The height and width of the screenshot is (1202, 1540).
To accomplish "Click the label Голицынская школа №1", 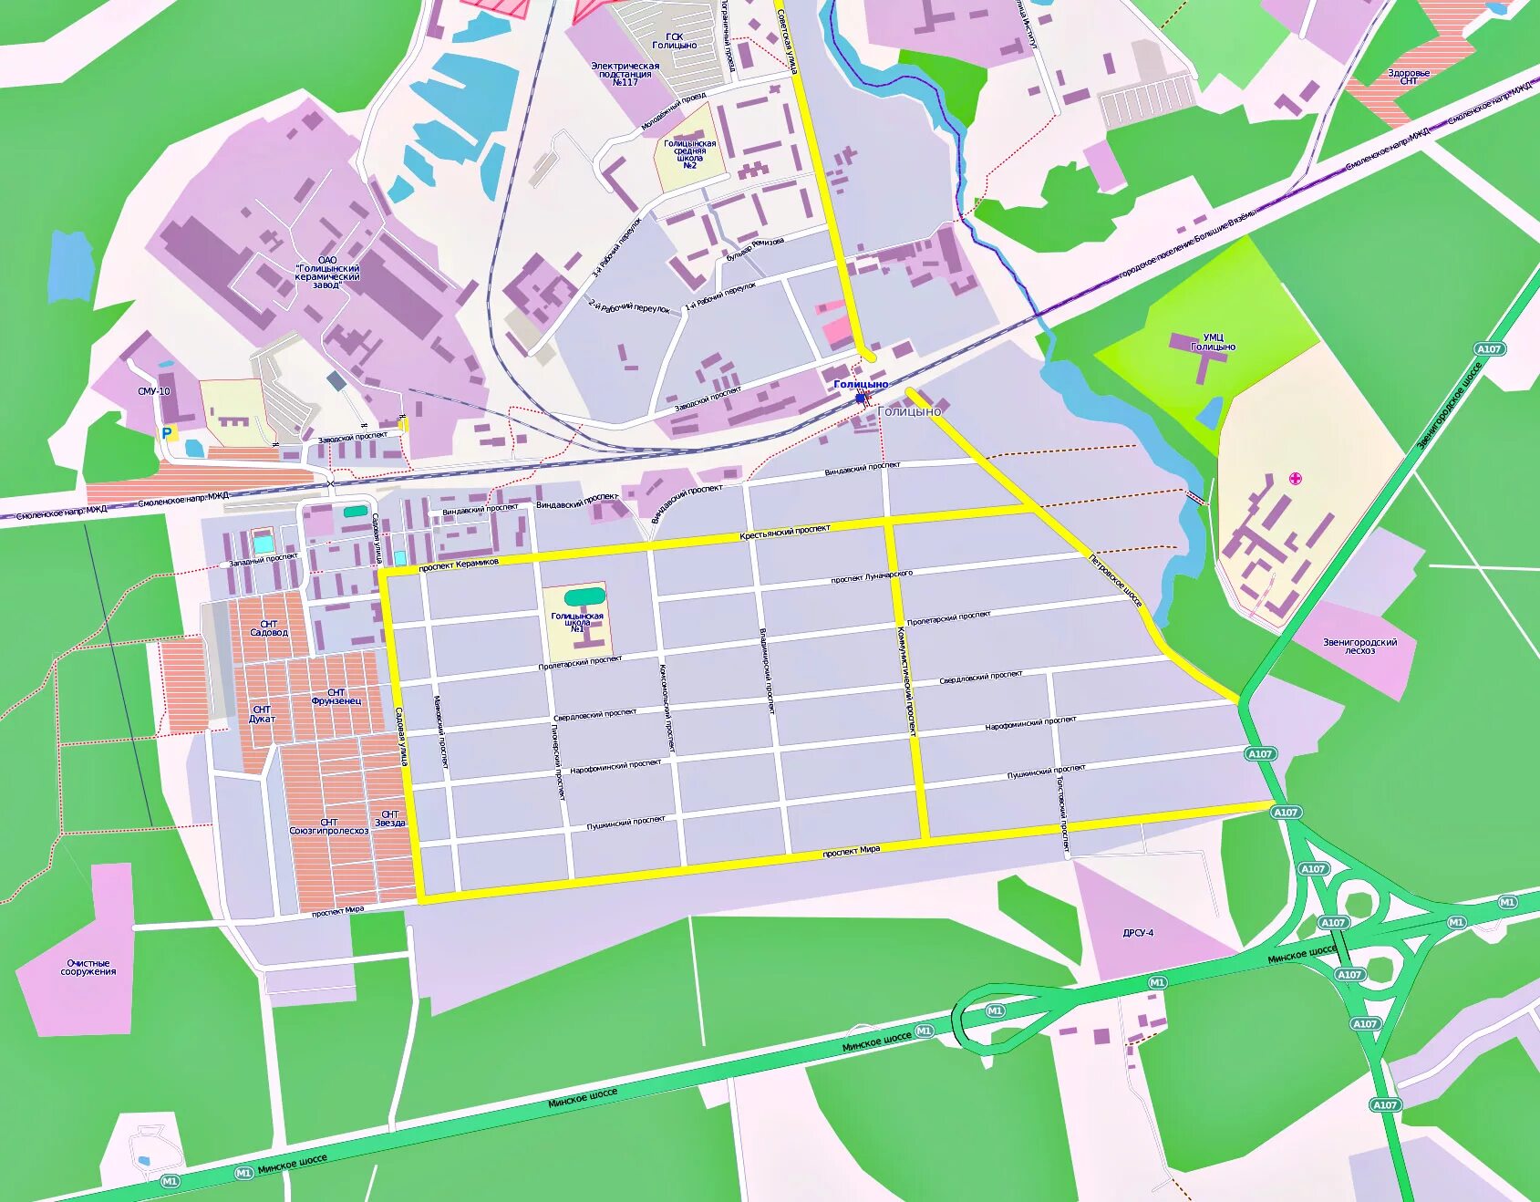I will click(576, 622).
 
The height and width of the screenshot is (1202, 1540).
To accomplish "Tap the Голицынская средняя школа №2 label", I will click(689, 154).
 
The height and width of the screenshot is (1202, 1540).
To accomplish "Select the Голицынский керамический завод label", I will click(327, 273).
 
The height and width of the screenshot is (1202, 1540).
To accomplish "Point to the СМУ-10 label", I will click(154, 391).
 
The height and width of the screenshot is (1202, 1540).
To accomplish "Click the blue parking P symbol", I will click(168, 433).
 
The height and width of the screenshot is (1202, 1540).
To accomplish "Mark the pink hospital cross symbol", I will click(1295, 478).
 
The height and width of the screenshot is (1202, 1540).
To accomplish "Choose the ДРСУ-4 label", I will click(1138, 933).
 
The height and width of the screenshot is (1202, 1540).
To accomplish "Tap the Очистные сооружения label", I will click(88, 968).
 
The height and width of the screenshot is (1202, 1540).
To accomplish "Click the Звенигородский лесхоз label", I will click(1359, 646).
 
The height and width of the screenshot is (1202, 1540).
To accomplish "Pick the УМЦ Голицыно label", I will click(1213, 342).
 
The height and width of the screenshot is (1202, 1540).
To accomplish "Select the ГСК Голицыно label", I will click(674, 41).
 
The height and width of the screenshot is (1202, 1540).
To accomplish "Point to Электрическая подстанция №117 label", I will click(625, 74).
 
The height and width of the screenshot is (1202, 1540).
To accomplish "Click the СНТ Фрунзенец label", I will click(336, 697).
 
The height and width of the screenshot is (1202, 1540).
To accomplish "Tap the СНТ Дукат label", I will click(262, 714).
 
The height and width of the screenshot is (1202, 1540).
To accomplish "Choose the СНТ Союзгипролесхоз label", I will click(329, 826).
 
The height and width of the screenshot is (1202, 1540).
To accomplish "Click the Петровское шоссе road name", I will click(1116, 581).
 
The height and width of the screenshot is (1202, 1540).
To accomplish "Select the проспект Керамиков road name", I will click(459, 565).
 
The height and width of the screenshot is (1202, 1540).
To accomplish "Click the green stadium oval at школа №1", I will click(584, 596).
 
